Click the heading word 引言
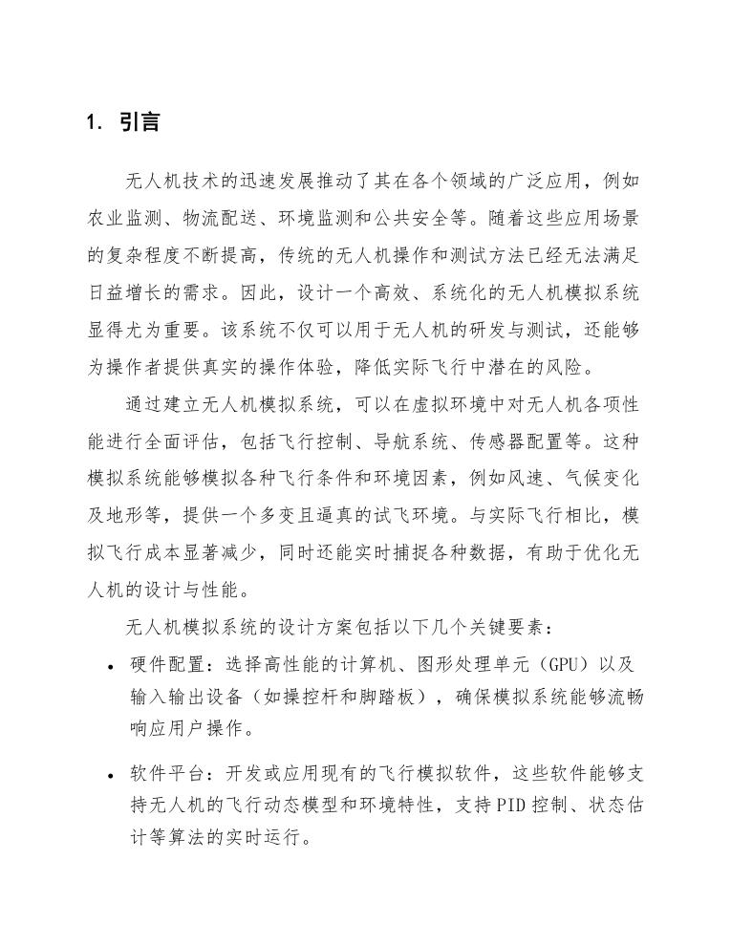140,122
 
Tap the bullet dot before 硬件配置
112,666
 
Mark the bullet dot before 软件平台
112,774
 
